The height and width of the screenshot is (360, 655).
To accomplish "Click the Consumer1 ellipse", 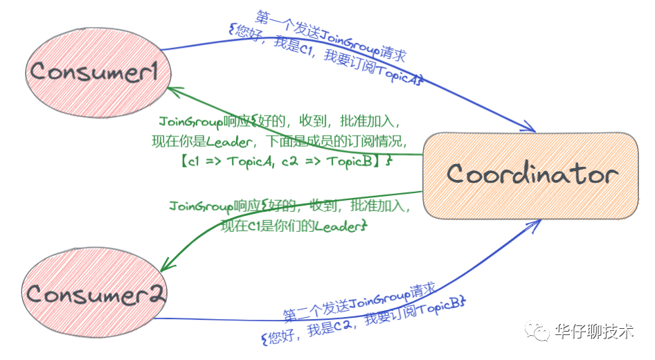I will point(95,71).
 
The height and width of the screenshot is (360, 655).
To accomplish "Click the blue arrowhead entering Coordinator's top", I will point(529,127).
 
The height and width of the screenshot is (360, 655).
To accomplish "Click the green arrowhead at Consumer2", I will point(166,267).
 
